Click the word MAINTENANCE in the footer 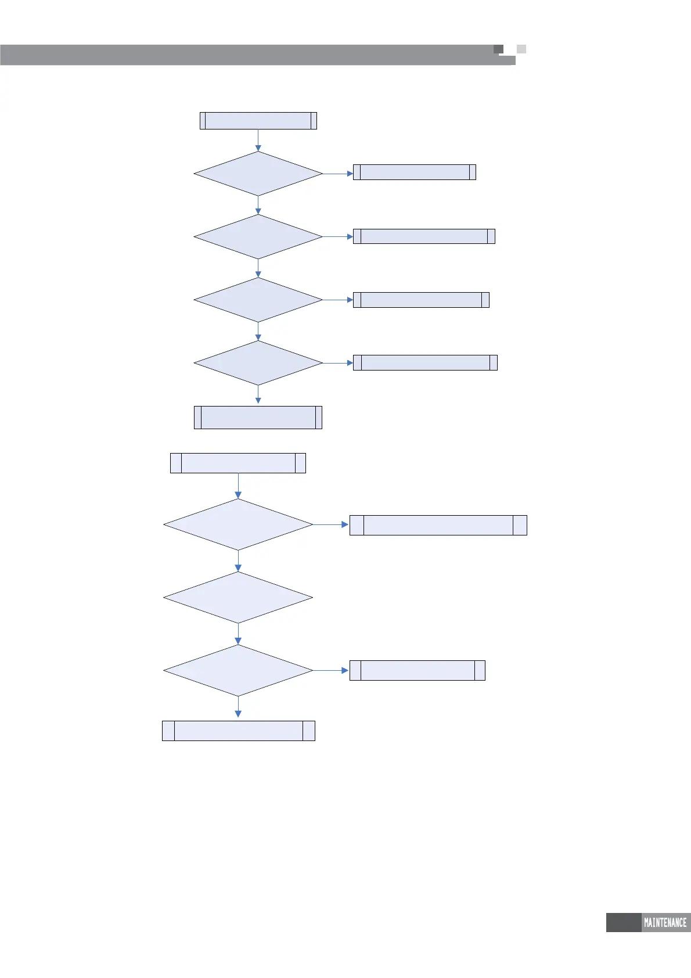(665, 922)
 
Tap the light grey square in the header (521, 49)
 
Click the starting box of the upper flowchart (258, 121)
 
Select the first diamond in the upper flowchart (258, 174)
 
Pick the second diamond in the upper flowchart (258, 237)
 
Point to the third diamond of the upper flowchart (258, 300)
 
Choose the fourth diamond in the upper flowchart (258, 363)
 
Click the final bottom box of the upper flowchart (258, 418)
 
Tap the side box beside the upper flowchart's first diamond (415, 172)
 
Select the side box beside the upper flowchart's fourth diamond (425, 362)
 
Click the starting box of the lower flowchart (238, 463)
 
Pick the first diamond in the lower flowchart (238, 524)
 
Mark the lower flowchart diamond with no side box (238, 598)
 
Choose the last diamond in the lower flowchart (238, 671)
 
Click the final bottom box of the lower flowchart (238, 731)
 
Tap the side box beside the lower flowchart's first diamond (438, 525)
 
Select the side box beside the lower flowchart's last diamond (418, 670)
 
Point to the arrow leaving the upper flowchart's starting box (258, 140)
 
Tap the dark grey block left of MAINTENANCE (623, 922)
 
